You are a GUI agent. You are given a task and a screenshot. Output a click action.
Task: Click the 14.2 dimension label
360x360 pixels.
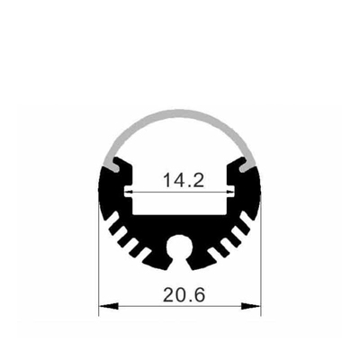[x=184, y=180]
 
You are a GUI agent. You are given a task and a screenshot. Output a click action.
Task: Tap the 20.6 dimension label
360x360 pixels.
[x=184, y=295]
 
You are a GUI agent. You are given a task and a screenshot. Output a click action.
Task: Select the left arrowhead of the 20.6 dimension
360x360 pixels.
[x=108, y=306]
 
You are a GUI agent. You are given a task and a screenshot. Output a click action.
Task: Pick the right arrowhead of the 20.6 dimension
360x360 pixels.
[x=251, y=306]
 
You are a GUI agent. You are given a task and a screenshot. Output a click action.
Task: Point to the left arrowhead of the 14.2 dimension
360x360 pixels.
[x=129, y=192]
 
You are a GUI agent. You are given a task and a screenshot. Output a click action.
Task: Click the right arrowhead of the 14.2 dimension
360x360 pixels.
[x=230, y=192]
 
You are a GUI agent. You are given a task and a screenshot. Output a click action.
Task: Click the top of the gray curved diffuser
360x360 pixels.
[x=179, y=113]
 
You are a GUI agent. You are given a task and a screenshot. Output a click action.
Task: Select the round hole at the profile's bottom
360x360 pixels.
[x=180, y=247]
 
